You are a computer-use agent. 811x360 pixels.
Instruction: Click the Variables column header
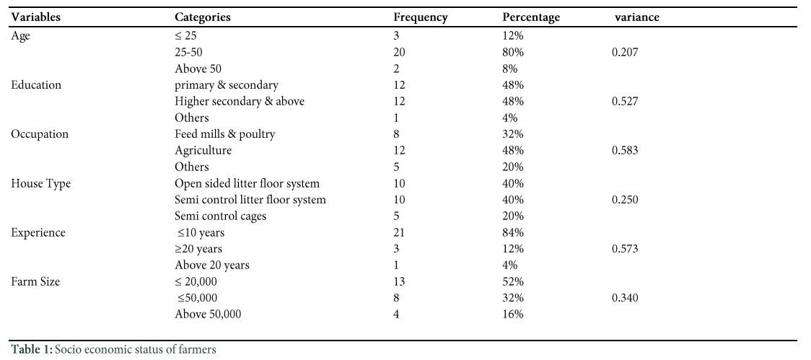tap(35, 17)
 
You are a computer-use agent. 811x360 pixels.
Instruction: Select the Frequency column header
tap(421, 17)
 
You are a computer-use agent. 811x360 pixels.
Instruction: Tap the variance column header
tap(637, 17)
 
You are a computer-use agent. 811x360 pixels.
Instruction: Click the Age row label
tap(21, 36)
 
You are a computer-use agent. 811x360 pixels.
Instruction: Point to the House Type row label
tap(41, 184)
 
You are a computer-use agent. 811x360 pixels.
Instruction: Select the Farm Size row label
tap(35, 282)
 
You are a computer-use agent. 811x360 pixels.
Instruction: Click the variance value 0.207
tap(625, 52)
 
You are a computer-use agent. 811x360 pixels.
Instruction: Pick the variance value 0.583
tap(625, 151)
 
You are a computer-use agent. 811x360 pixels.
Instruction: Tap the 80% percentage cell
tap(513, 52)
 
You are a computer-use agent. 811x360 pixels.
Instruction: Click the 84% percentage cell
tap(513, 233)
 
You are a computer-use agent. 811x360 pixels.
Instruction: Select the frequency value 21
tap(399, 233)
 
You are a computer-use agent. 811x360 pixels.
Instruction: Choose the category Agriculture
tap(203, 151)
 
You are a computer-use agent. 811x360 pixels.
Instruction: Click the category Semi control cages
tap(220, 216)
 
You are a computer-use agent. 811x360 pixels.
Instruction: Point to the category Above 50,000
tap(208, 315)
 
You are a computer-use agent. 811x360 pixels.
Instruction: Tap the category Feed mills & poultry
tap(225, 134)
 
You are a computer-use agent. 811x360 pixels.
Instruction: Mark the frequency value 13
tap(399, 282)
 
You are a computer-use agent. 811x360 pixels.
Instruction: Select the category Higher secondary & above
tap(240, 102)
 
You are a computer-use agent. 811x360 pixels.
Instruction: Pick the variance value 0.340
tap(625, 298)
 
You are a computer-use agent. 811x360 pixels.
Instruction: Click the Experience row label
tap(38, 233)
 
